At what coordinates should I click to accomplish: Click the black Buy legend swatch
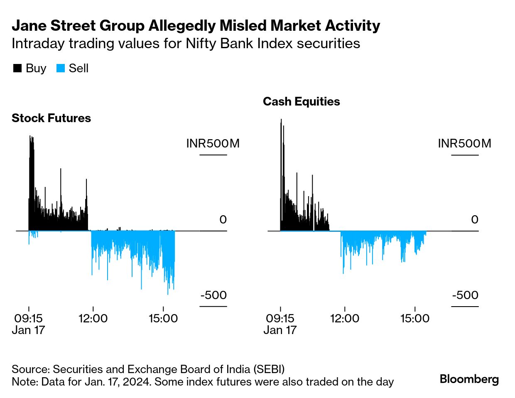pyautogui.click(x=17, y=69)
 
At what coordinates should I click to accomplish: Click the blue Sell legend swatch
pyautogui.click(x=61, y=69)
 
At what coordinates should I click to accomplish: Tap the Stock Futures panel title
pyautogui.click(x=51, y=118)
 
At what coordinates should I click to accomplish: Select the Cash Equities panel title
pyautogui.click(x=301, y=102)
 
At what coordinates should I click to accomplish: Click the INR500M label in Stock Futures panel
pyautogui.click(x=213, y=144)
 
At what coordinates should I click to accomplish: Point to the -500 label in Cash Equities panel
pyautogui.click(x=465, y=295)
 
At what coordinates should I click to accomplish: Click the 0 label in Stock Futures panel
pyautogui.click(x=223, y=220)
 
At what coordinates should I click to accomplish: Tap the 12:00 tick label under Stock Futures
pyautogui.click(x=93, y=319)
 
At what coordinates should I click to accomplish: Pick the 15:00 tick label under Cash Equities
pyautogui.click(x=415, y=319)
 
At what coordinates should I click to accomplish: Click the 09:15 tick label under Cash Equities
pyautogui.click(x=280, y=319)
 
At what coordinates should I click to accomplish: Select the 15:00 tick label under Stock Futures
pyautogui.click(x=163, y=319)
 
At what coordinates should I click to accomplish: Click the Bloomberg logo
pyautogui.click(x=469, y=379)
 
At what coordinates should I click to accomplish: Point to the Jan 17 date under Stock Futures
pyautogui.click(x=28, y=330)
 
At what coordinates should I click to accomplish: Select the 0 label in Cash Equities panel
pyautogui.click(x=475, y=220)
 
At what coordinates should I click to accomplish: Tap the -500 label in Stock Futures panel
pyautogui.click(x=213, y=295)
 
